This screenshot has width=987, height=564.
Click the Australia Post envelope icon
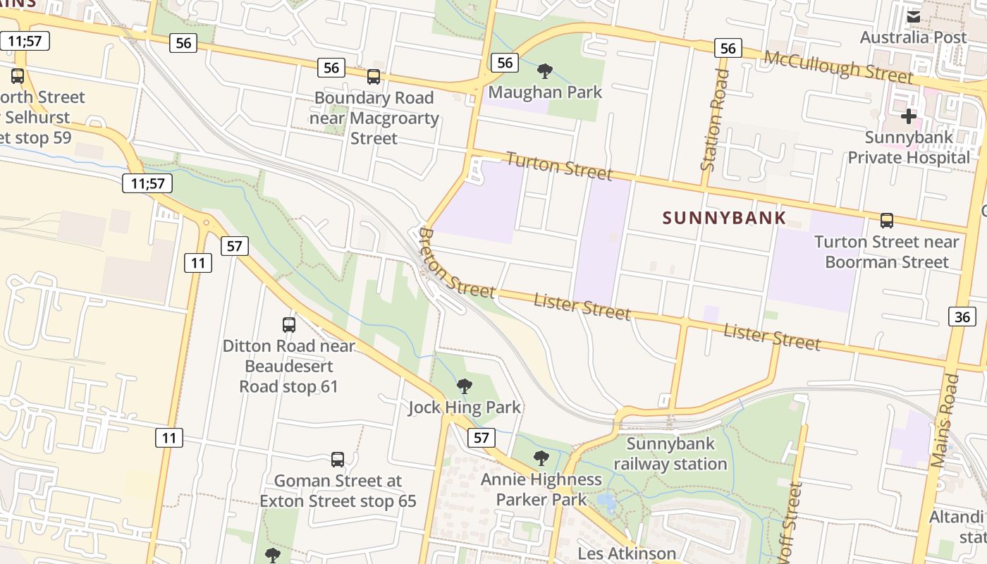click(x=913, y=16)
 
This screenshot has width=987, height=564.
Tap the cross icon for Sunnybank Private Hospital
click(x=909, y=116)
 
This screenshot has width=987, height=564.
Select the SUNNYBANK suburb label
click(x=724, y=218)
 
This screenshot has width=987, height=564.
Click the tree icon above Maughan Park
click(x=544, y=70)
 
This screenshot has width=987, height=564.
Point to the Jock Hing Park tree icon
click(x=464, y=386)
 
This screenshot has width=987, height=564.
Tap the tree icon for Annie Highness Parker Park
click(x=541, y=458)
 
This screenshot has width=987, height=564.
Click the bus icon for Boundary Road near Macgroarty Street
click(x=374, y=77)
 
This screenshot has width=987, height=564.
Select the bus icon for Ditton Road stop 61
click(x=288, y=325)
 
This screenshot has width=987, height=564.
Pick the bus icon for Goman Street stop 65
click(x=338, y=460)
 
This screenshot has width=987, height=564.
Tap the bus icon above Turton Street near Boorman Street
click(x=886, y=221)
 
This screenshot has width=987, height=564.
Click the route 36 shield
click(x=962, y=317)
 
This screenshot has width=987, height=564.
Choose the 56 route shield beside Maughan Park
click(x=505, y=63)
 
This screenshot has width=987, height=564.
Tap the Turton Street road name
click(x=559, y=166)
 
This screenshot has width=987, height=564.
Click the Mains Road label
click(x=945, y=421)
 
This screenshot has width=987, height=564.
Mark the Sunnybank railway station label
click(x=670, y=454)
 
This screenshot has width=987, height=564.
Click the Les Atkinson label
click(x=627, y=553)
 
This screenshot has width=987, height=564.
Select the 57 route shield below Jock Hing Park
click(x=481, y=438)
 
